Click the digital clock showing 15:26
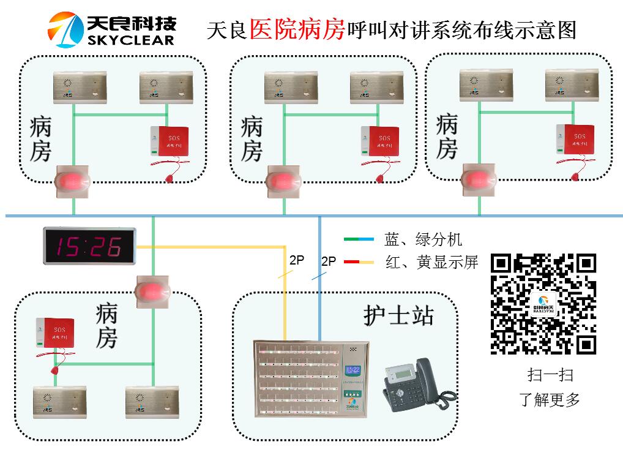point(89,247)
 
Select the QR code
point(543,304)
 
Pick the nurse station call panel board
point(311,378)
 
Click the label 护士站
point(398,315)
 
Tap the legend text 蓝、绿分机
point(423,239)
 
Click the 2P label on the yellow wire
point(297,260)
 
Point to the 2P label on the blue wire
point(329,261)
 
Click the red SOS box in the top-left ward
point(170,142)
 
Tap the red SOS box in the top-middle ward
point(380,142)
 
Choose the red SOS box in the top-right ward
point(576,140)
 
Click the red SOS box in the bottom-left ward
point(55,334)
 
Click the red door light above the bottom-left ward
point(152,289)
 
